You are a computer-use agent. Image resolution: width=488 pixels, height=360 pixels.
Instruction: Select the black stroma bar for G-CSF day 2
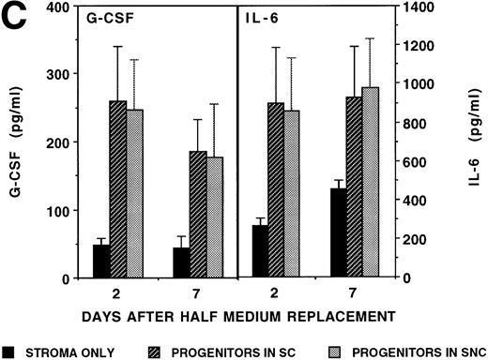tap(101, 262)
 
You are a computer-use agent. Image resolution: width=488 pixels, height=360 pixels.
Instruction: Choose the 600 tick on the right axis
tap(414, 162)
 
